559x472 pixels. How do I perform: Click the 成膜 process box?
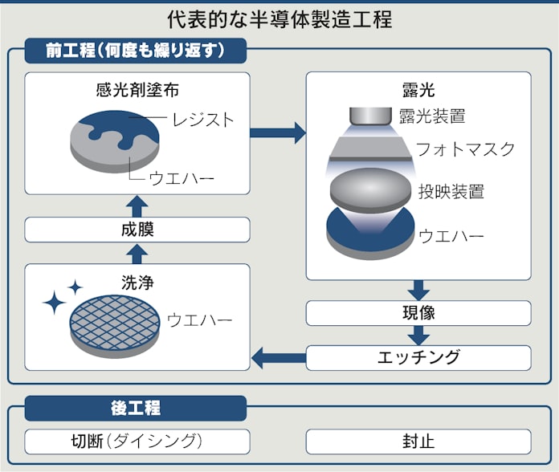pyautogui.click(x=137, y=230)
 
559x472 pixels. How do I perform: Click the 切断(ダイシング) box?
pyautogui.click(x=137, y=441)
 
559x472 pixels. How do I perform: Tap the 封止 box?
pyautogui.click(x=418, y=441)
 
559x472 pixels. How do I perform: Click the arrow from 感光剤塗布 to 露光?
pyautogui.click(x=278, y=132)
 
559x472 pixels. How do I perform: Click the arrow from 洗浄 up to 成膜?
pyautogui.click(x=137, y=253)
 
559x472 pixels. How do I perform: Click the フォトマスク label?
pyautogui.click(x=465, y=149)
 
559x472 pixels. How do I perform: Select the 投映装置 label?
pyautogui.click(x=451, y=191)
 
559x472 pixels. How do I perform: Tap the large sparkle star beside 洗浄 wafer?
pyautogui.click(x=55, y=302)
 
